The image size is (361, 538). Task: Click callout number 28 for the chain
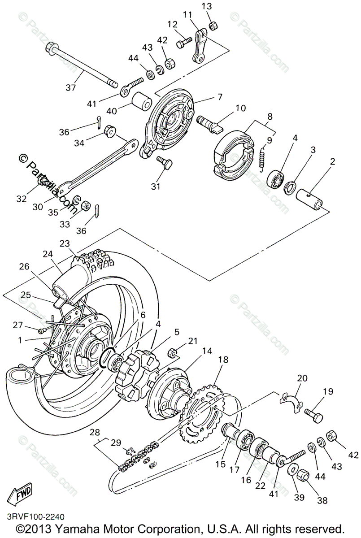click(95, 433)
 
